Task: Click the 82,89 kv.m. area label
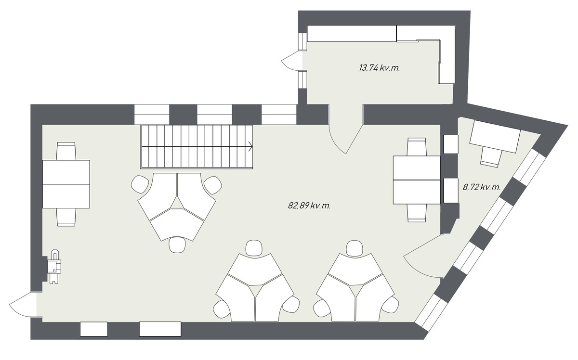tap(309, 206)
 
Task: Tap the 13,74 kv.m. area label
tap(380, 68)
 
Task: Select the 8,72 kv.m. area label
tap(482, 187)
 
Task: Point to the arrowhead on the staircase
tap(250, 146)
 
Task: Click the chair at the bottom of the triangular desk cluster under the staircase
tap(177, 244)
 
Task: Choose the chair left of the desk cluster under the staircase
tap(140, 184)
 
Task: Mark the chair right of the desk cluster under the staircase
tap(213, 185)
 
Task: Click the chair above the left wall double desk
tap(66, 151)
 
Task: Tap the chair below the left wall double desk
tap(66, 217)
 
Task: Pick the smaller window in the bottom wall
tap(93, 329)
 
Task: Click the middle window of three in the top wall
tap(215, 115)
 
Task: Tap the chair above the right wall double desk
tap(417, 147)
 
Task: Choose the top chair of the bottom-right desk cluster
tap(355, 248)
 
